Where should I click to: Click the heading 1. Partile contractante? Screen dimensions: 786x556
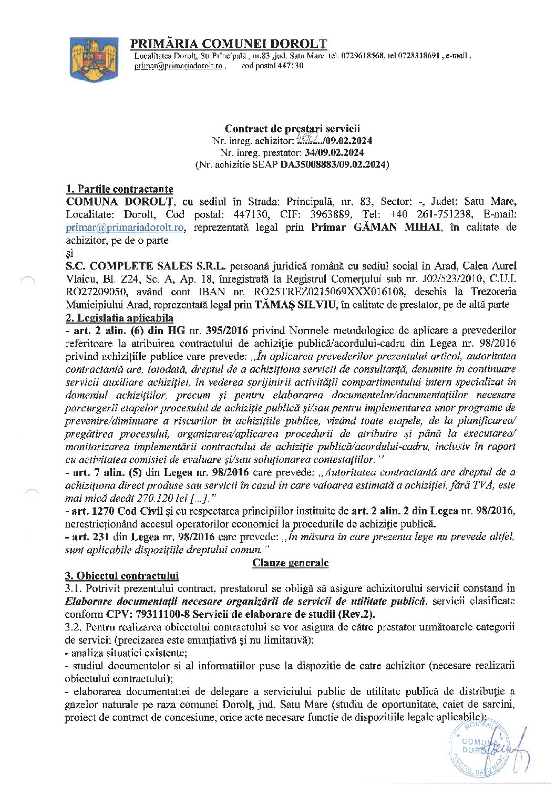tap(119, 189)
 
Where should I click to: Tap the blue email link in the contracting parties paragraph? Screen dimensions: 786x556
tap(125, 227)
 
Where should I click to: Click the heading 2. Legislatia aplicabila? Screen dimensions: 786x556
tap(119, 318)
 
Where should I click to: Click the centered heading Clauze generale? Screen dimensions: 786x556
tap(291, 563)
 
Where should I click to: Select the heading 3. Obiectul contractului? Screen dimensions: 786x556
tap(122, 576)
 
